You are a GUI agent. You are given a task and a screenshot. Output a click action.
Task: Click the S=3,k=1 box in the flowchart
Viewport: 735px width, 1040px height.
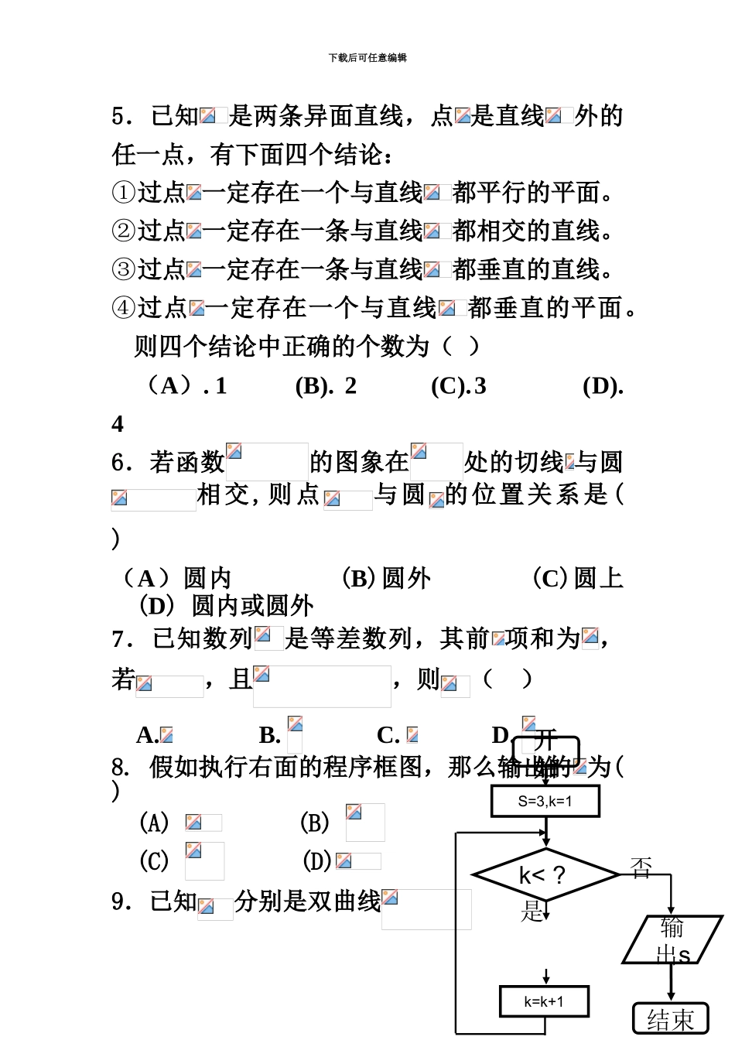[545, 801]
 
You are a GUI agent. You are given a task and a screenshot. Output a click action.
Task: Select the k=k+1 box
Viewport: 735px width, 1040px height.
[544, 1001]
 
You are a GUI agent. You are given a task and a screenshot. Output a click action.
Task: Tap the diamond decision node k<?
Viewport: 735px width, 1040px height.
[545, 875]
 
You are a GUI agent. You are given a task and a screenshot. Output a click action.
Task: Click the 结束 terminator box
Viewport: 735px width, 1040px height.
[670, 1019]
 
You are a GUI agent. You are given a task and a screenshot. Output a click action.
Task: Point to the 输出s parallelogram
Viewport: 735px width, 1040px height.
[672, 939]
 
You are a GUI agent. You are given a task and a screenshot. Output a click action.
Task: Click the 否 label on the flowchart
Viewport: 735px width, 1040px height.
[641, 868]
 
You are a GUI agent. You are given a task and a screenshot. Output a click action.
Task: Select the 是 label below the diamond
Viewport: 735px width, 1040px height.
[532, 911]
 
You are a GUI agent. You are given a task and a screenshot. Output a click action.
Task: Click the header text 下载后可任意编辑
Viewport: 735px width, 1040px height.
[367, 58]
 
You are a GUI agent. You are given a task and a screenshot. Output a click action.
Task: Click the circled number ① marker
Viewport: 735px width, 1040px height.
[124, 192]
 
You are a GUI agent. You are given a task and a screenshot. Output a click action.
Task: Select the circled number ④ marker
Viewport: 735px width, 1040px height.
[124, 308]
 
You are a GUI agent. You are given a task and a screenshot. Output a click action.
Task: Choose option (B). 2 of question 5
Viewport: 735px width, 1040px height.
[326, 385]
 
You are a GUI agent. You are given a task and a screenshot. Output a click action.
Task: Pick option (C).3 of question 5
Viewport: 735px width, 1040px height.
[459, 385]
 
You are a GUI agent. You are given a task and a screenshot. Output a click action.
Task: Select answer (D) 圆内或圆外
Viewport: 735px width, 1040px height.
[226, 605]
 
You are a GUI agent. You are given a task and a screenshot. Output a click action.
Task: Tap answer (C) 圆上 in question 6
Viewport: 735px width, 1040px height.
[577, 577]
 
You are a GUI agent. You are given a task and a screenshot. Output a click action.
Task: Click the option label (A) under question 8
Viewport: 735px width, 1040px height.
[154, 823]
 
